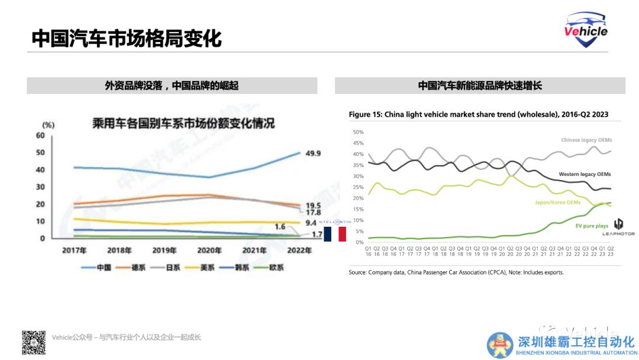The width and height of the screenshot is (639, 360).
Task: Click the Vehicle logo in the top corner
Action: tap(586, 31)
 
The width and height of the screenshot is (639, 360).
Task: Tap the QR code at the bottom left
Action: tap(34, 342)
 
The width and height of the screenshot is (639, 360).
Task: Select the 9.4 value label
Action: tap(311, 223)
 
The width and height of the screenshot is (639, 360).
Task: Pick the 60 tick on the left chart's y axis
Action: tap(41, 136)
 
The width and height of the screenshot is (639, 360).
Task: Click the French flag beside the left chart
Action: tap(334, 234)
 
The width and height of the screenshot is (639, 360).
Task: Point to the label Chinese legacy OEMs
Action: tap(586, 140)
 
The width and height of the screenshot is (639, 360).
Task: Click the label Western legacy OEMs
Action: tap(585, 175)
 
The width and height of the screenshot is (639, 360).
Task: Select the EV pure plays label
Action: tap(591, 226)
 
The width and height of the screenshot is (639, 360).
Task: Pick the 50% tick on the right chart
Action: tap(357, 132)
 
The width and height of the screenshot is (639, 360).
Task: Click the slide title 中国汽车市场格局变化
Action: tap(127, 38)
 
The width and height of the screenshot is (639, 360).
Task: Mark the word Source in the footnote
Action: tap(357, 272)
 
